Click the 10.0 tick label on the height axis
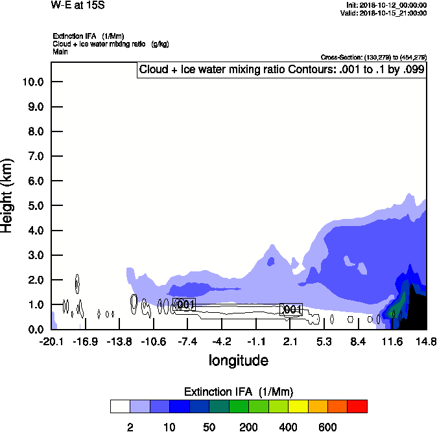[x=33, y=82]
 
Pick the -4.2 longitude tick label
[x=222, y=341]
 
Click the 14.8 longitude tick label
[x=425, y=341]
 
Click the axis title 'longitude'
[x=239, y=360]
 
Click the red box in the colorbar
[x=357, y=407]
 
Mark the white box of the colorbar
[x=120, y=407]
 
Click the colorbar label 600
[x=328, y=427]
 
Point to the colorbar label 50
[x=209, y=427]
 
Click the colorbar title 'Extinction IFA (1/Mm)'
[x=239, y=392]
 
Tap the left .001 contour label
[x=184, y=304]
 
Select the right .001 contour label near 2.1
[x=291, y=310]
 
